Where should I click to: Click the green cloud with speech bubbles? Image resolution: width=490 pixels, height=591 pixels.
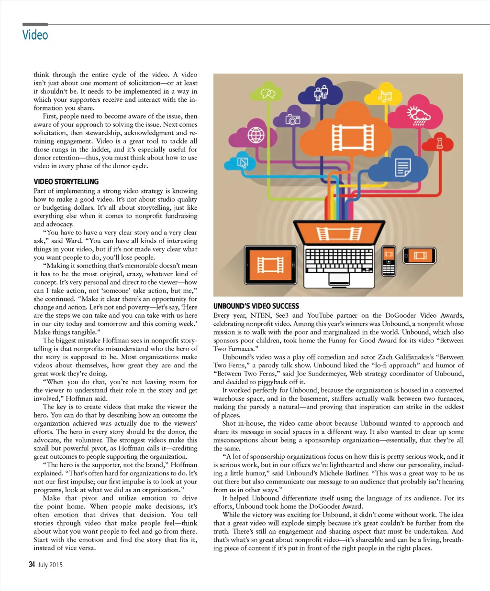pyautogui.click(x=268, y=94)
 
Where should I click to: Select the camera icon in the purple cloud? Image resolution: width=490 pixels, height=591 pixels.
pyautogui.click(x=292, y=119)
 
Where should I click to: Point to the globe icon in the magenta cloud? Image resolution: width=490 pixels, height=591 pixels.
pyautogui.click(x=256, y=135)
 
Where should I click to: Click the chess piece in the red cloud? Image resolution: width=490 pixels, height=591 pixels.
pyautogui.click(x=439, y=142)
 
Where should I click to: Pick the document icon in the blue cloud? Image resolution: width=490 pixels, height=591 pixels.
pyautogui.click(x=402, y=168)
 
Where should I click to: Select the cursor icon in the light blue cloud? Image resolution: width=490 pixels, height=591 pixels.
pyautogui.click(x=243, y=163)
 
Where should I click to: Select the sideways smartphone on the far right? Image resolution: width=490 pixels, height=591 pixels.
pyautogui.click(x=420, y=256)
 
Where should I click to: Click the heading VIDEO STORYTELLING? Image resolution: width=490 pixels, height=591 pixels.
pyautogui.click(x=66, y=182)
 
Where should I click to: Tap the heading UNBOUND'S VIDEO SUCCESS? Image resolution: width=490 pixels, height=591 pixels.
pyautogui.click(x=256, y=306)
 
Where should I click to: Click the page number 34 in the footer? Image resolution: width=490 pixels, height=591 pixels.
pyautogui.click(x=32, y=565)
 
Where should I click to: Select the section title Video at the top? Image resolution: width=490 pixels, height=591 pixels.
pyautogui.click(x=35, y=35)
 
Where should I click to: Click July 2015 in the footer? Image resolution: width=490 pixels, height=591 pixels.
pyautogui.click(x=50, y=565)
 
